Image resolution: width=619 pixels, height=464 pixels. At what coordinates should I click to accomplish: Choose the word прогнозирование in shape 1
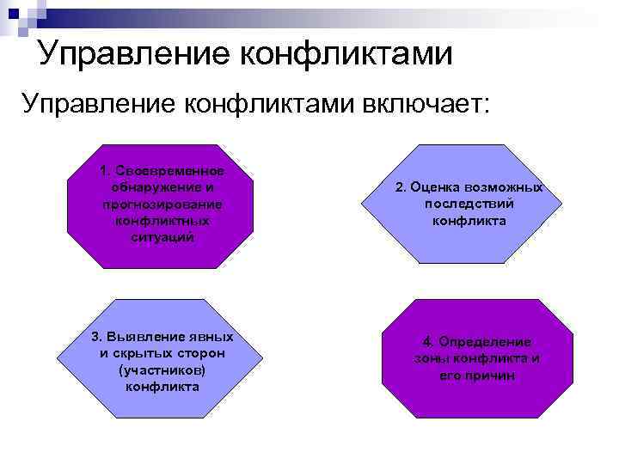[162, 205]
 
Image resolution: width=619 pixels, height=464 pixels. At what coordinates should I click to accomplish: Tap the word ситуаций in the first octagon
[162, 238]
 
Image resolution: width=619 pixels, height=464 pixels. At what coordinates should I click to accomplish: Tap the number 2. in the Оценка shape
[401, 187]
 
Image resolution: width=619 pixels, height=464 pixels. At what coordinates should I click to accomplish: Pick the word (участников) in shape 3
[162, 370]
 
